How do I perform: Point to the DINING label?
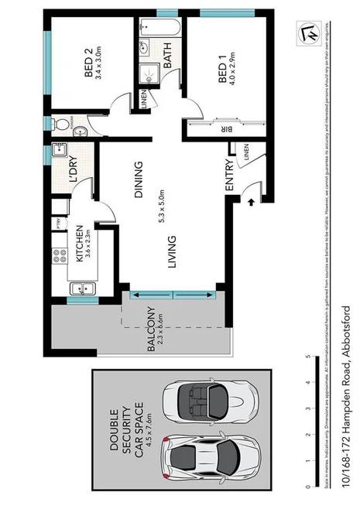139,180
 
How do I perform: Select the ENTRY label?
229,177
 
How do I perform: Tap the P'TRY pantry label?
57,224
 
